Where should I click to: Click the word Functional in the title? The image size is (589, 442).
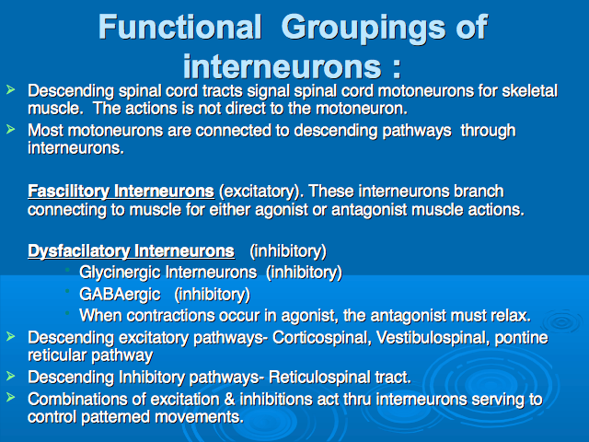click(180, 27)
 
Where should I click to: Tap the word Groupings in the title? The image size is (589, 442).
click(363, 29)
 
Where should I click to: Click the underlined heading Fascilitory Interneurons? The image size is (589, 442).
click(121, 192)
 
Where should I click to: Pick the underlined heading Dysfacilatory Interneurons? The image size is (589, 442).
click(131, 251)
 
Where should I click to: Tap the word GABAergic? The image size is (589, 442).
click(120, 295)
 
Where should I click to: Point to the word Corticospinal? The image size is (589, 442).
click(322, 338)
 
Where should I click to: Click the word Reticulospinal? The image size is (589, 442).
click(319, 378)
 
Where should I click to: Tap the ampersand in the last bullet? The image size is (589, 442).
click(229, 399)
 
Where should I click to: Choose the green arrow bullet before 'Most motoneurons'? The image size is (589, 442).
click(10, 129)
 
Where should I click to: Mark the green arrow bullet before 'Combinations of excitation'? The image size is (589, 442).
click(10, 397)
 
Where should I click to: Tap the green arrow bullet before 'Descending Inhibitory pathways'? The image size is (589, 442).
click(10, 375)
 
